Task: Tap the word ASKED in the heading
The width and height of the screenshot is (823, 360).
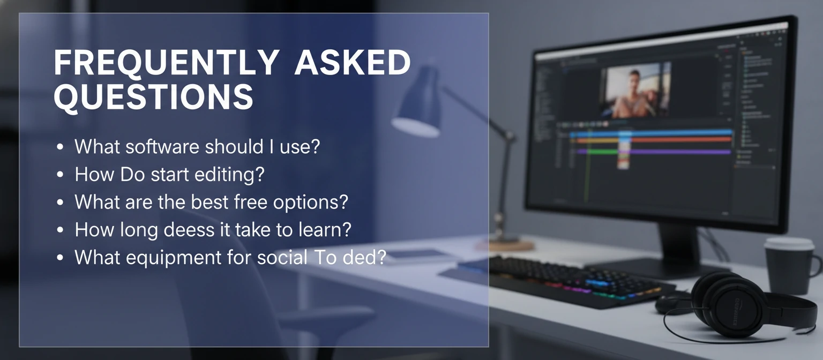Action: pos(352,63)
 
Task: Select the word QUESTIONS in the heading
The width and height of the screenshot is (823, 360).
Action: pos(153,97)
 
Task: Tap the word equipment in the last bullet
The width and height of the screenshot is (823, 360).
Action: pos(163,258)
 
